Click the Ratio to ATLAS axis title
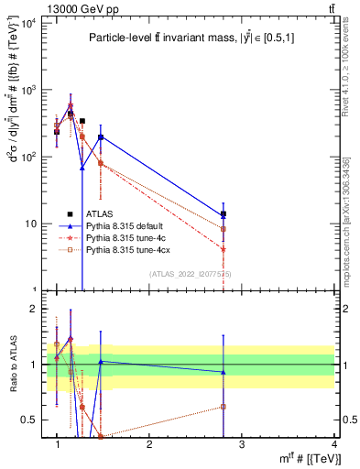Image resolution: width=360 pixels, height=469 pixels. [x=14, y=365]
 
